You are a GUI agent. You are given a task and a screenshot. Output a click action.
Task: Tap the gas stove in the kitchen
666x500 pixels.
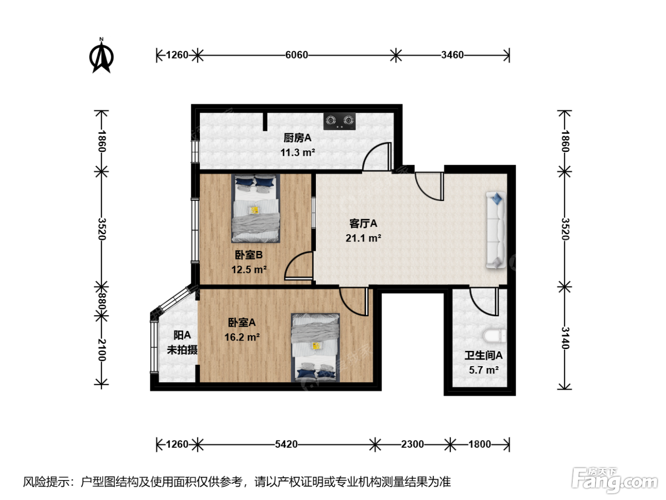click(x=340, y=121)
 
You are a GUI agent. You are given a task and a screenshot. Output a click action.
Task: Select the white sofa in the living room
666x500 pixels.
click(x=496, y=230)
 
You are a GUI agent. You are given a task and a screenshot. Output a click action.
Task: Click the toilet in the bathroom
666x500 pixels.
click(x=495, y=337)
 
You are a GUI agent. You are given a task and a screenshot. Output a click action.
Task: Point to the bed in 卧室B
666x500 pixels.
click(x=255, y=208)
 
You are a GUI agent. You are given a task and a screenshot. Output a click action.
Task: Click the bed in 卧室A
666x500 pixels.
click(x=315, y=347)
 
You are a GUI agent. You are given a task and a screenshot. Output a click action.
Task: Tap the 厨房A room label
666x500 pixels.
click(x=297, y=138)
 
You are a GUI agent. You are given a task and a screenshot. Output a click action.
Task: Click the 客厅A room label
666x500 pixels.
click(x=363, y=224)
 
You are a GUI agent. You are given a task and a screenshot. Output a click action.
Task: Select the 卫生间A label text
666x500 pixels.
click(x=483, y=355)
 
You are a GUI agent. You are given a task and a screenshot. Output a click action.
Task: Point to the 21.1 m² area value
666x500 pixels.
click(x=363, y=238)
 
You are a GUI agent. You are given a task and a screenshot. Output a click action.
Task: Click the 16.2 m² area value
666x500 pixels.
click(x=242, y=337)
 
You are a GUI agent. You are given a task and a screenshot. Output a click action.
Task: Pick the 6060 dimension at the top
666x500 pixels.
click(x=297, y=55)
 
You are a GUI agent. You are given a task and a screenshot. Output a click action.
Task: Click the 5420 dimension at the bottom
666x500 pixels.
click(x=286, y=444)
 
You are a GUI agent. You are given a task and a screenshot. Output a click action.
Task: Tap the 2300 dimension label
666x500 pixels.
click(x=412, y=444)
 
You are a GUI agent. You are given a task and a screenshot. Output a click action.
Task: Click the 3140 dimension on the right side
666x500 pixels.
click(x=565, y=338)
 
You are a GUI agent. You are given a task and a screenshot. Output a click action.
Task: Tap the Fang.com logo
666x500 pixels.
click(x=615, y=480)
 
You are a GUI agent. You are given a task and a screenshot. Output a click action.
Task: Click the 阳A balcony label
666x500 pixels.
click(x=182, y=335)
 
